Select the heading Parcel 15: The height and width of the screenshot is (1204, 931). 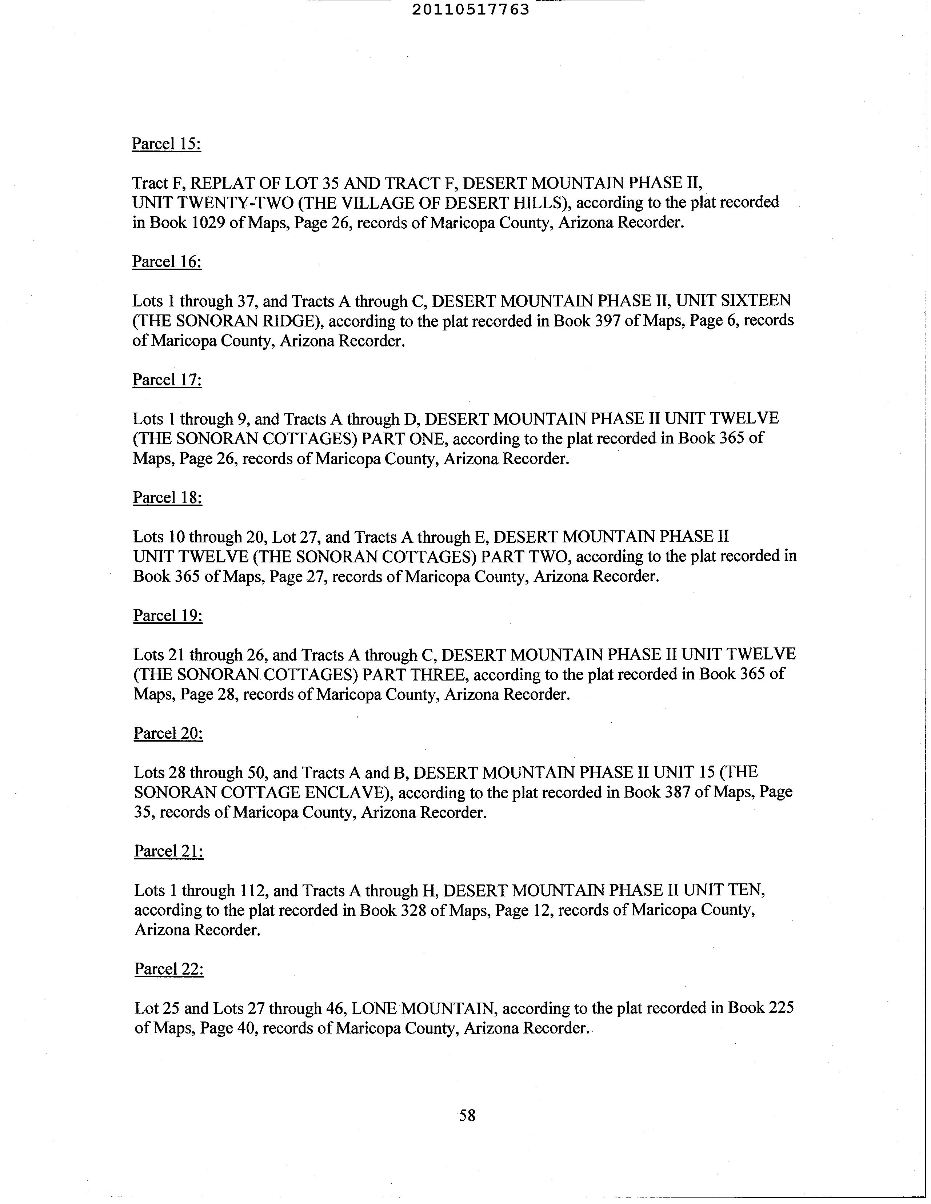point(166,144)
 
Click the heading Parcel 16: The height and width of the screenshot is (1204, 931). point(167,262)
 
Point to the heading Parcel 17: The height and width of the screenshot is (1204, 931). point(167,380)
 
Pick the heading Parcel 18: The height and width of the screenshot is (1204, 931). point(167,498)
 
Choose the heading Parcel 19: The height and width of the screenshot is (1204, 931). point(168,616)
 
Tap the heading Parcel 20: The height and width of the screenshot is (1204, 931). point(168,733)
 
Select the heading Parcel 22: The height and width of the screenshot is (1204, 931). point(169,969)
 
